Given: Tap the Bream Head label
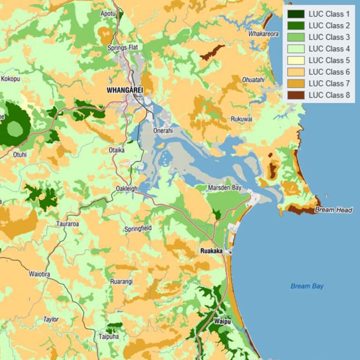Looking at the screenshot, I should point(334,210).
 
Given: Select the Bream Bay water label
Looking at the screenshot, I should point(307,286).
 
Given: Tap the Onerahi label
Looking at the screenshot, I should point(163,131).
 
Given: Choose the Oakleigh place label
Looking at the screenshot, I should point(127,189).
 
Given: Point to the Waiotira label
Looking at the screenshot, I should point(39,274).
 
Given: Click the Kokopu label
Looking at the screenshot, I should point(10,79).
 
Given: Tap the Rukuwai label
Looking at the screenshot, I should point(241,119).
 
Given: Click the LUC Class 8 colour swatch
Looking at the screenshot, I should point(295,95).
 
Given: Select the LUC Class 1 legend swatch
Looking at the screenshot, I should point(295,14).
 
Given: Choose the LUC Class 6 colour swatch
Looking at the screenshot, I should point(295,72).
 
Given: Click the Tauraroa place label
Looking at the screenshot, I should point(67,224).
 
